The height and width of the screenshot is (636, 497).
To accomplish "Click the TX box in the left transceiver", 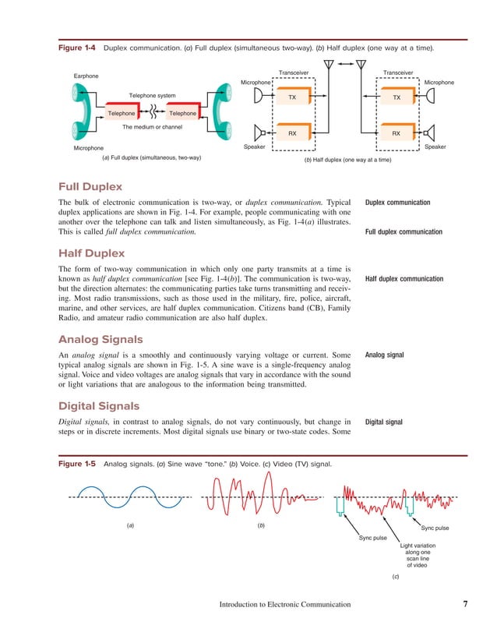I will click(x=292, y=98).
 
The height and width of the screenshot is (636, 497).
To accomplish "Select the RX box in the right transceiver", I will click(x=396, y=133).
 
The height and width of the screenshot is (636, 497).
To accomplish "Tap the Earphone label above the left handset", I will click(x=86, y=76).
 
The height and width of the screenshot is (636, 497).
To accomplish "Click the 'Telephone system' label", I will click(x=152, y=96).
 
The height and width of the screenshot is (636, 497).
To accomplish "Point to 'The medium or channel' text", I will click(x=153, y=126).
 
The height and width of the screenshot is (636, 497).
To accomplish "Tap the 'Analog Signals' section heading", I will click(x=100, y=339).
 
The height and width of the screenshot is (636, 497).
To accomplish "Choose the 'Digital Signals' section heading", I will click(x=99, y=405).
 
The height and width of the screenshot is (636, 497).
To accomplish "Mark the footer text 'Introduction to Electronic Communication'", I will click(x=284, y=604).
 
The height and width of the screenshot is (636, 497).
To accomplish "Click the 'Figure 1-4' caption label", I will click(x=77, y=48).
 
